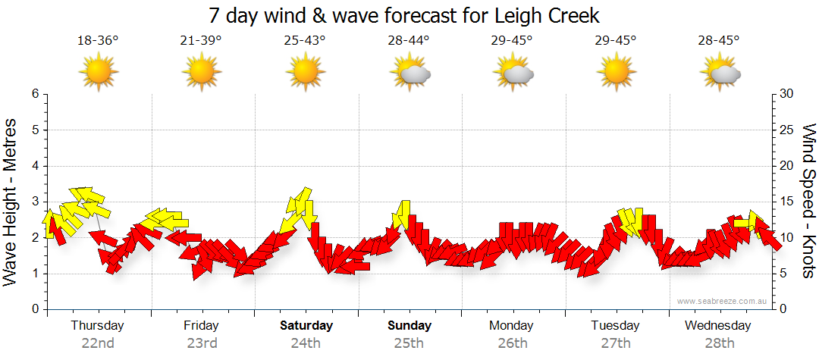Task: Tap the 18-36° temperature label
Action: pyautogui.click(x=98, y=41)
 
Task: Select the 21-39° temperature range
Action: pyautogui.click(x=201, y=41)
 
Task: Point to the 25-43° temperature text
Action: pyautogui.click(x=305, y=41)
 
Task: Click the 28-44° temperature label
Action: pyautogui.click(x=408, y=41)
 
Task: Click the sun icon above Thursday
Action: pyautogui.click(x=99, y=73)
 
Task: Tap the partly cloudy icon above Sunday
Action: pyautogui.click(x=410, y=74)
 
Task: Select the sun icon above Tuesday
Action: pyautogui.click(x=616, y=73)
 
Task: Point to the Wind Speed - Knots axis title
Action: pyautogui.click(x=808, y=201)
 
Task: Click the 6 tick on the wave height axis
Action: pyautogui.click(x=35, y=94)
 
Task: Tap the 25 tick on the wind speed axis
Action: pyautogui.click(x=787, y=130)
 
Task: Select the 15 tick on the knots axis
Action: pyautogui.click(x=787, y=202)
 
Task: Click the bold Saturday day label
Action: pyautogui.click(x=306, y=326)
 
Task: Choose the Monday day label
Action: pyautogui.click(x=511, y=326)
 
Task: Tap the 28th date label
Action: pyautogui.click(x=718, y=343)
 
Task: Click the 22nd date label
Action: pyautogui.click(x=98, y=343)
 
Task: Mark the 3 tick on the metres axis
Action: pyautogui.click(x=35, y=202)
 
